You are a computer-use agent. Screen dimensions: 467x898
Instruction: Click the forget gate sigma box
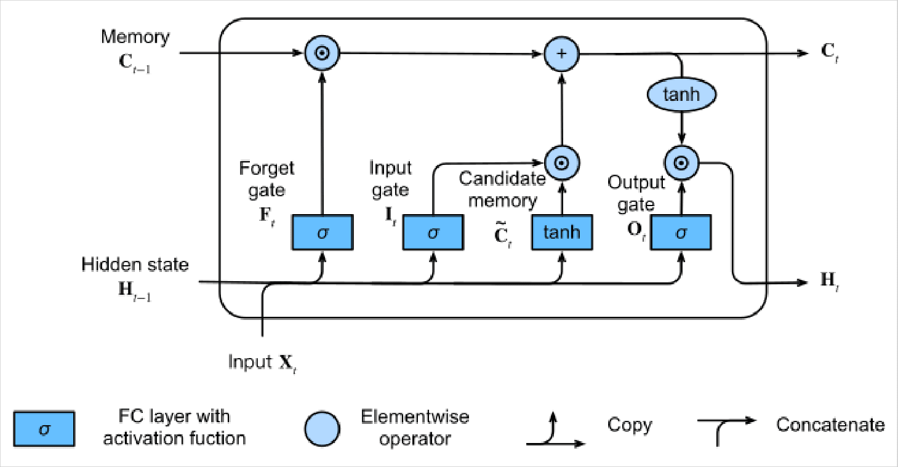[x=322, y=232]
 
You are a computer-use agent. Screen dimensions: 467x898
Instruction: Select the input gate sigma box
[x=433, y=232]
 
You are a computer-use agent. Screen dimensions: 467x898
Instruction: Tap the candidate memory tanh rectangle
[x=561, y=232]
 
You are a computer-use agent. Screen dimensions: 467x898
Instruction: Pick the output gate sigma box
[x=681, y=232]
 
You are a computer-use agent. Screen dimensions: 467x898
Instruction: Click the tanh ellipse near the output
[x=681, y=95]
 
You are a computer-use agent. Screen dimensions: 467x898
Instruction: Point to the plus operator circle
[x=561, y=54]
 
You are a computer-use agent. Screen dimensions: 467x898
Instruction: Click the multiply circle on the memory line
[x=322, y=53]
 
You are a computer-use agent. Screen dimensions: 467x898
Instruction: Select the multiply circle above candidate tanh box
[x=561, y=162]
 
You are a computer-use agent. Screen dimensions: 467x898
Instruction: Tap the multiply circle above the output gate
[x=681, y=162]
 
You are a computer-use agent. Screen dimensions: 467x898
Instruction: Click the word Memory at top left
[x=135, y=37]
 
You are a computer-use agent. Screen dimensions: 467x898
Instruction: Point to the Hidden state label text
[x=135, y=265]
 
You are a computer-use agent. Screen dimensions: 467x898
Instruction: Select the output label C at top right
[x=829, y=53]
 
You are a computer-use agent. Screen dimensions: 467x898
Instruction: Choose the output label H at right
[x=829, y=282]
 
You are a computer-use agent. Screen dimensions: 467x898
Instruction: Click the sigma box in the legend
[x=44, y=428]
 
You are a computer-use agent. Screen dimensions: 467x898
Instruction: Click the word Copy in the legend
[x=629, y=425]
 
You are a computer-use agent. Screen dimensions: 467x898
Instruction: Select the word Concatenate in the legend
[x=830, y=425]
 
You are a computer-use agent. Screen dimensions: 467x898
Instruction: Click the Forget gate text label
[x=267, y=178]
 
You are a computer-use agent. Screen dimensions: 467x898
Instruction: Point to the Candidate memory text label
[x=502, y=190]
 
